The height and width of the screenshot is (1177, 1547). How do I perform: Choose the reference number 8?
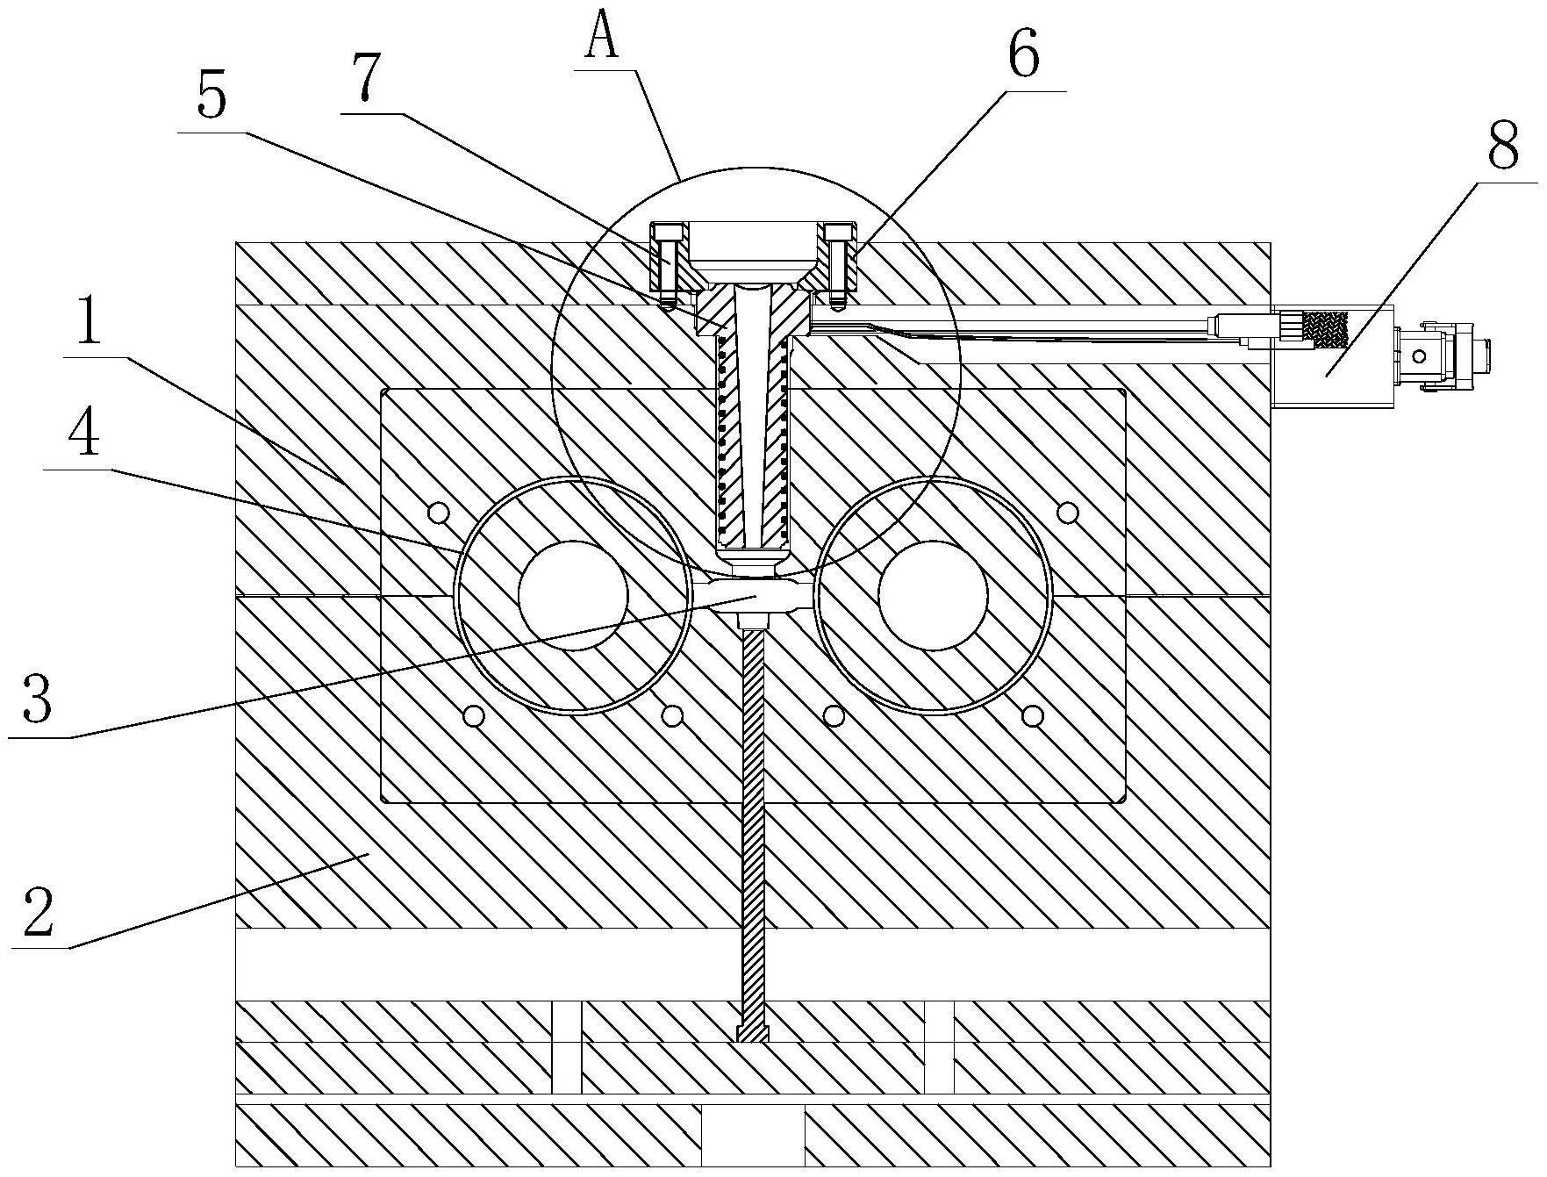pyautogui.click(x=1503, y=147)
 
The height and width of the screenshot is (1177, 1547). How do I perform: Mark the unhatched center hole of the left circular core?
pyautogui.click(x=574, y=595)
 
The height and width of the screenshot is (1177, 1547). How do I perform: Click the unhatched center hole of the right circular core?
pyautogui.click(x=932, y=595)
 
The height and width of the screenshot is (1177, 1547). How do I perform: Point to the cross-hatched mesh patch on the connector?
pyautogui.click(x=1326, y=329)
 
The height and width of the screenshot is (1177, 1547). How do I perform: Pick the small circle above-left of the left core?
pyautogui.click(x=438, y=511)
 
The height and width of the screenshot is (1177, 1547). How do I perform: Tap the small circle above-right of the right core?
pyautogui.click(x=1067, y=511)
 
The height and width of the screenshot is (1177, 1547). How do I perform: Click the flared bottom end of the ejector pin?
pyautogui.click(x=754, y=1034)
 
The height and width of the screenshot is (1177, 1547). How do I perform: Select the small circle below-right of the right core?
pyautogui.click(x=1033, y=716)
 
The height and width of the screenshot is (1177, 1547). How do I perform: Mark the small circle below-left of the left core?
pyautogui.click(x=475, y=716)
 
